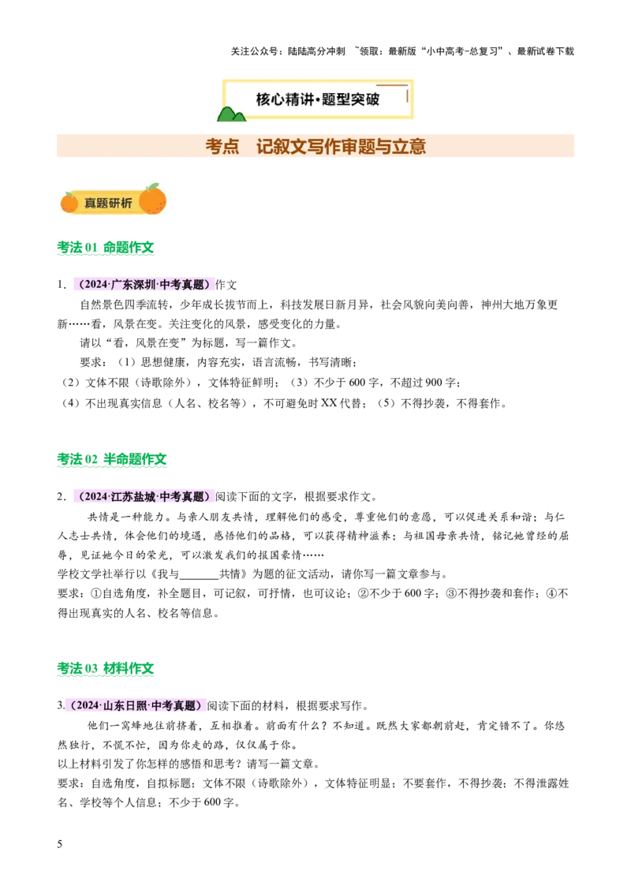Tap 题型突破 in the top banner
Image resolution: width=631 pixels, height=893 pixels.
(353, 99)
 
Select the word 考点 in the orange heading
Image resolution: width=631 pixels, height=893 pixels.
(222, 146)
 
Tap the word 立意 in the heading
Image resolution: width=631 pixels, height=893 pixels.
(409, 146)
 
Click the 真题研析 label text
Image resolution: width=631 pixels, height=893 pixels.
(108, 203)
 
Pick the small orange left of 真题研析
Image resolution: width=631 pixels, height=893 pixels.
(69, 203)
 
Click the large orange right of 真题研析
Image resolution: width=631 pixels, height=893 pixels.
(152, 200)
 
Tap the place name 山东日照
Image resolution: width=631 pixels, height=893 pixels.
(125, 706)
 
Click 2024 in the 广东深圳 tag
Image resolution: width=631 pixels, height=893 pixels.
(95, 285)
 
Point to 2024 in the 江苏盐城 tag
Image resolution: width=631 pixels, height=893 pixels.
(95, 497)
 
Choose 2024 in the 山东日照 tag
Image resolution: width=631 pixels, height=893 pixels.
(88, 706)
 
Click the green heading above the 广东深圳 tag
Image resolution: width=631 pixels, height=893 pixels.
(106, 249)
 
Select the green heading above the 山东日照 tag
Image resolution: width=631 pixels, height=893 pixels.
(106, 671)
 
